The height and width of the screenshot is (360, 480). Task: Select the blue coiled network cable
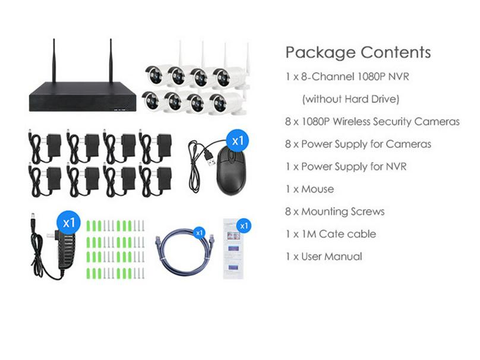[185, 252]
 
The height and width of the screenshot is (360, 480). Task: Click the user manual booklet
[233, 248]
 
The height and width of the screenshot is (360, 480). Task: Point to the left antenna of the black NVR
[54, 61]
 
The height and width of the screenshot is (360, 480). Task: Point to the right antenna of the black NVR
[111, 61]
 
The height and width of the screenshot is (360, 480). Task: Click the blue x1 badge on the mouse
[238, 141]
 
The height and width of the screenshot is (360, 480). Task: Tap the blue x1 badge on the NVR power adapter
[68, 223]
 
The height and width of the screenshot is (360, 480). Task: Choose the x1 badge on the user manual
[244, 226]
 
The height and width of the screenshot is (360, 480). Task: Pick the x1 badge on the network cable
[200, 233]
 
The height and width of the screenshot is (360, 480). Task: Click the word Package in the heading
[320, 53]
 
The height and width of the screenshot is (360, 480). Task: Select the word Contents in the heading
[396, 52]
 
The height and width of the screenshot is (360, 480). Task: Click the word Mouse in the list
[317, 189]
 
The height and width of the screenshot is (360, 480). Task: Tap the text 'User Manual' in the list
[331, 257]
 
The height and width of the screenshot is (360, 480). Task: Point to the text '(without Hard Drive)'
[350, 99]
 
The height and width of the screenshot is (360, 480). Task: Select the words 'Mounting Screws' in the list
[343, 211]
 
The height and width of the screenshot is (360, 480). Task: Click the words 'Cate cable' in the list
[348, 234]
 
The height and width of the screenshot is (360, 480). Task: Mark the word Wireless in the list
[352, 122]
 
